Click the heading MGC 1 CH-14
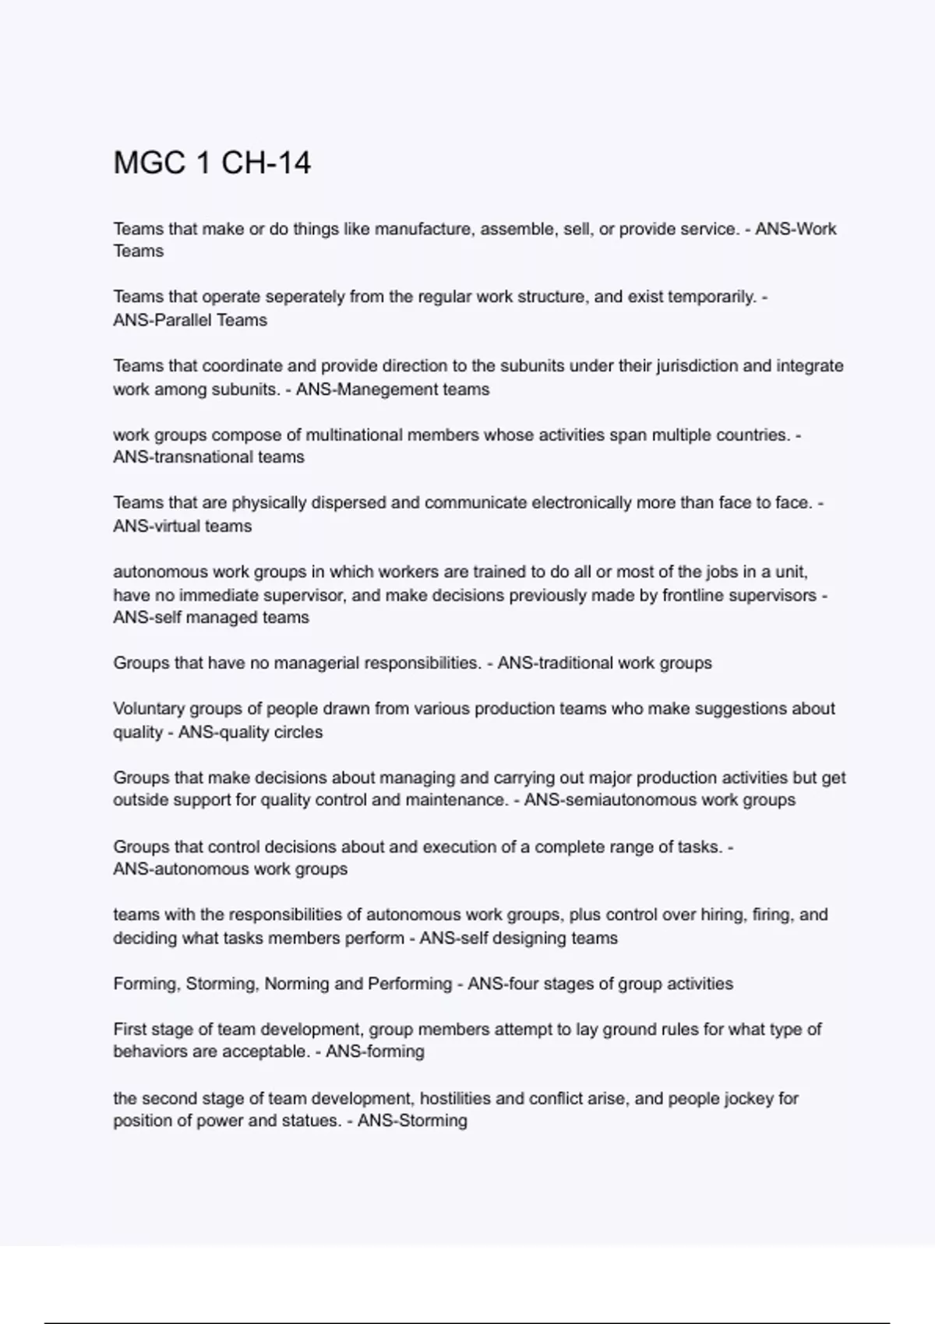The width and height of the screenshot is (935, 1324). coord(212,164)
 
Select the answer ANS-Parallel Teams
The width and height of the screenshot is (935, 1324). coord(190,320)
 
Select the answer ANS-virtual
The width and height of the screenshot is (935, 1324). coord(157,526)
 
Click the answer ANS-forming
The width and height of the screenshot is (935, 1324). coord(375,1052)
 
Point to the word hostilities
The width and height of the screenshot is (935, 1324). coord(454,1098)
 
